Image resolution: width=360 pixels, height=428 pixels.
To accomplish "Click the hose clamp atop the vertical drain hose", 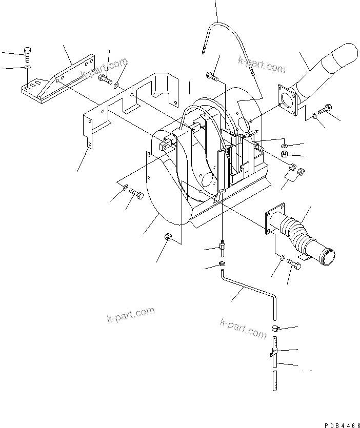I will (x=274, y=328).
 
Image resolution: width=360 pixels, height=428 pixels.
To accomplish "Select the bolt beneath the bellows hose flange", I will (x=294, y=264).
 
